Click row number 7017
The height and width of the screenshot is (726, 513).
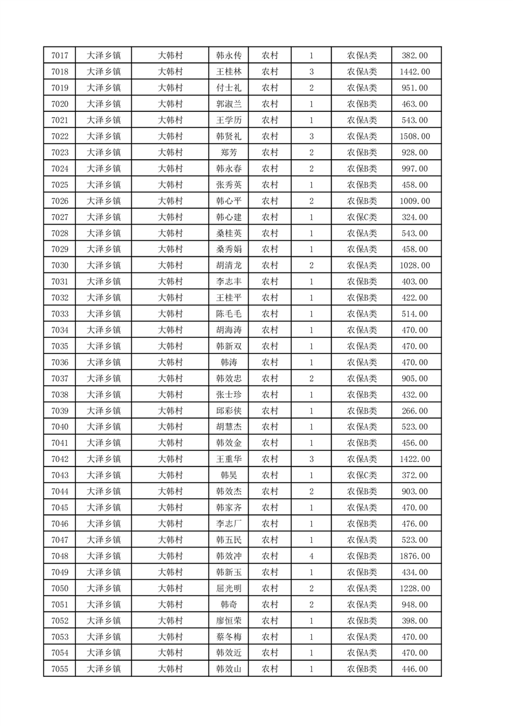click(x=59, y=56)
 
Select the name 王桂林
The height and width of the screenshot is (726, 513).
click(x=228, y=72)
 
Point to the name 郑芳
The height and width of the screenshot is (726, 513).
click(x=228, y=153)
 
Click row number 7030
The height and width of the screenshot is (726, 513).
click(x=59, y=266)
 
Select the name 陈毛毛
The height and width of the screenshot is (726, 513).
click(x=228, y=314)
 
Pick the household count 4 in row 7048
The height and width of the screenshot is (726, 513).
click(x=311, y=556)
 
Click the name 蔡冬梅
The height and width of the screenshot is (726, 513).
click(x=228, y=637)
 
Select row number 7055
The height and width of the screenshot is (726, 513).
click(x=59, y=670)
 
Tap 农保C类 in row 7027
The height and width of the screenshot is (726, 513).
click(x=362, y=217)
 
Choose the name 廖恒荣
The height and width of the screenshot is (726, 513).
click(x=228, y=621)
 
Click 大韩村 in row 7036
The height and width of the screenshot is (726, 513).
click(x=171, y=363)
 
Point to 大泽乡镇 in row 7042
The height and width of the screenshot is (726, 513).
click(x=104, y=459)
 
